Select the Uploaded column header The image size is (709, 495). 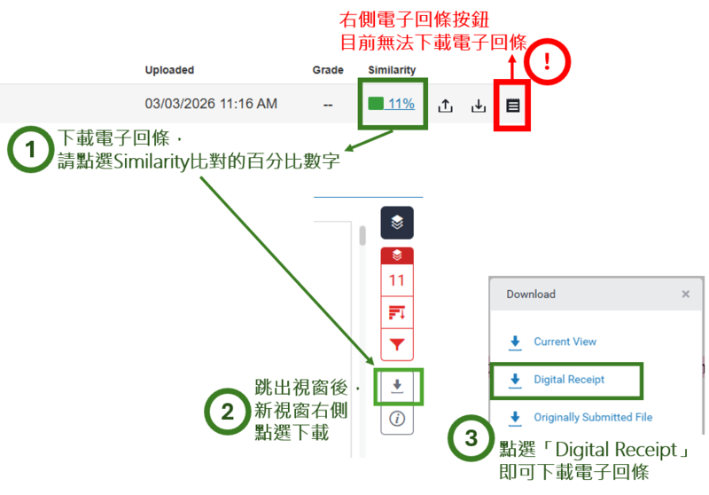tap(169, 70)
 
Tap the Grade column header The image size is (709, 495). tap(328, 70)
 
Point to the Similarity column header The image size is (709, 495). tap(392, 70)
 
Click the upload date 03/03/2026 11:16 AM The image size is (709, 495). tap(211, 104)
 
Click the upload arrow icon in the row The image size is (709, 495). tap(446, 106)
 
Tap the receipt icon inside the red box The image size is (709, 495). tap(513, 106)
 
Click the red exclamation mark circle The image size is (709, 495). tap(547, 61)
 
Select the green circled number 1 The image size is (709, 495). tap(30, 149)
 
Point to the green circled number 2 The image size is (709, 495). tap(228, 412)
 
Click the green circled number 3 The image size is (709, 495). tap(471, 438)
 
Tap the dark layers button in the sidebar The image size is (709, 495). tap(397, 223)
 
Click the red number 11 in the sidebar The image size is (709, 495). tap(396, 280)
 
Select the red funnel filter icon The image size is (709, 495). tap(397, 345)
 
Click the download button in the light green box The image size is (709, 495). tap(397, 386)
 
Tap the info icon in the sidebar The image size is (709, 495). tap(397, 419)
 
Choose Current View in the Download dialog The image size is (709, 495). tap(565, 342)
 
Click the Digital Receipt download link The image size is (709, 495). tap(569, 379)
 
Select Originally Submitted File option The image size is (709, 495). tap(593, 417)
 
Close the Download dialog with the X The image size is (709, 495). tap(685, 295)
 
